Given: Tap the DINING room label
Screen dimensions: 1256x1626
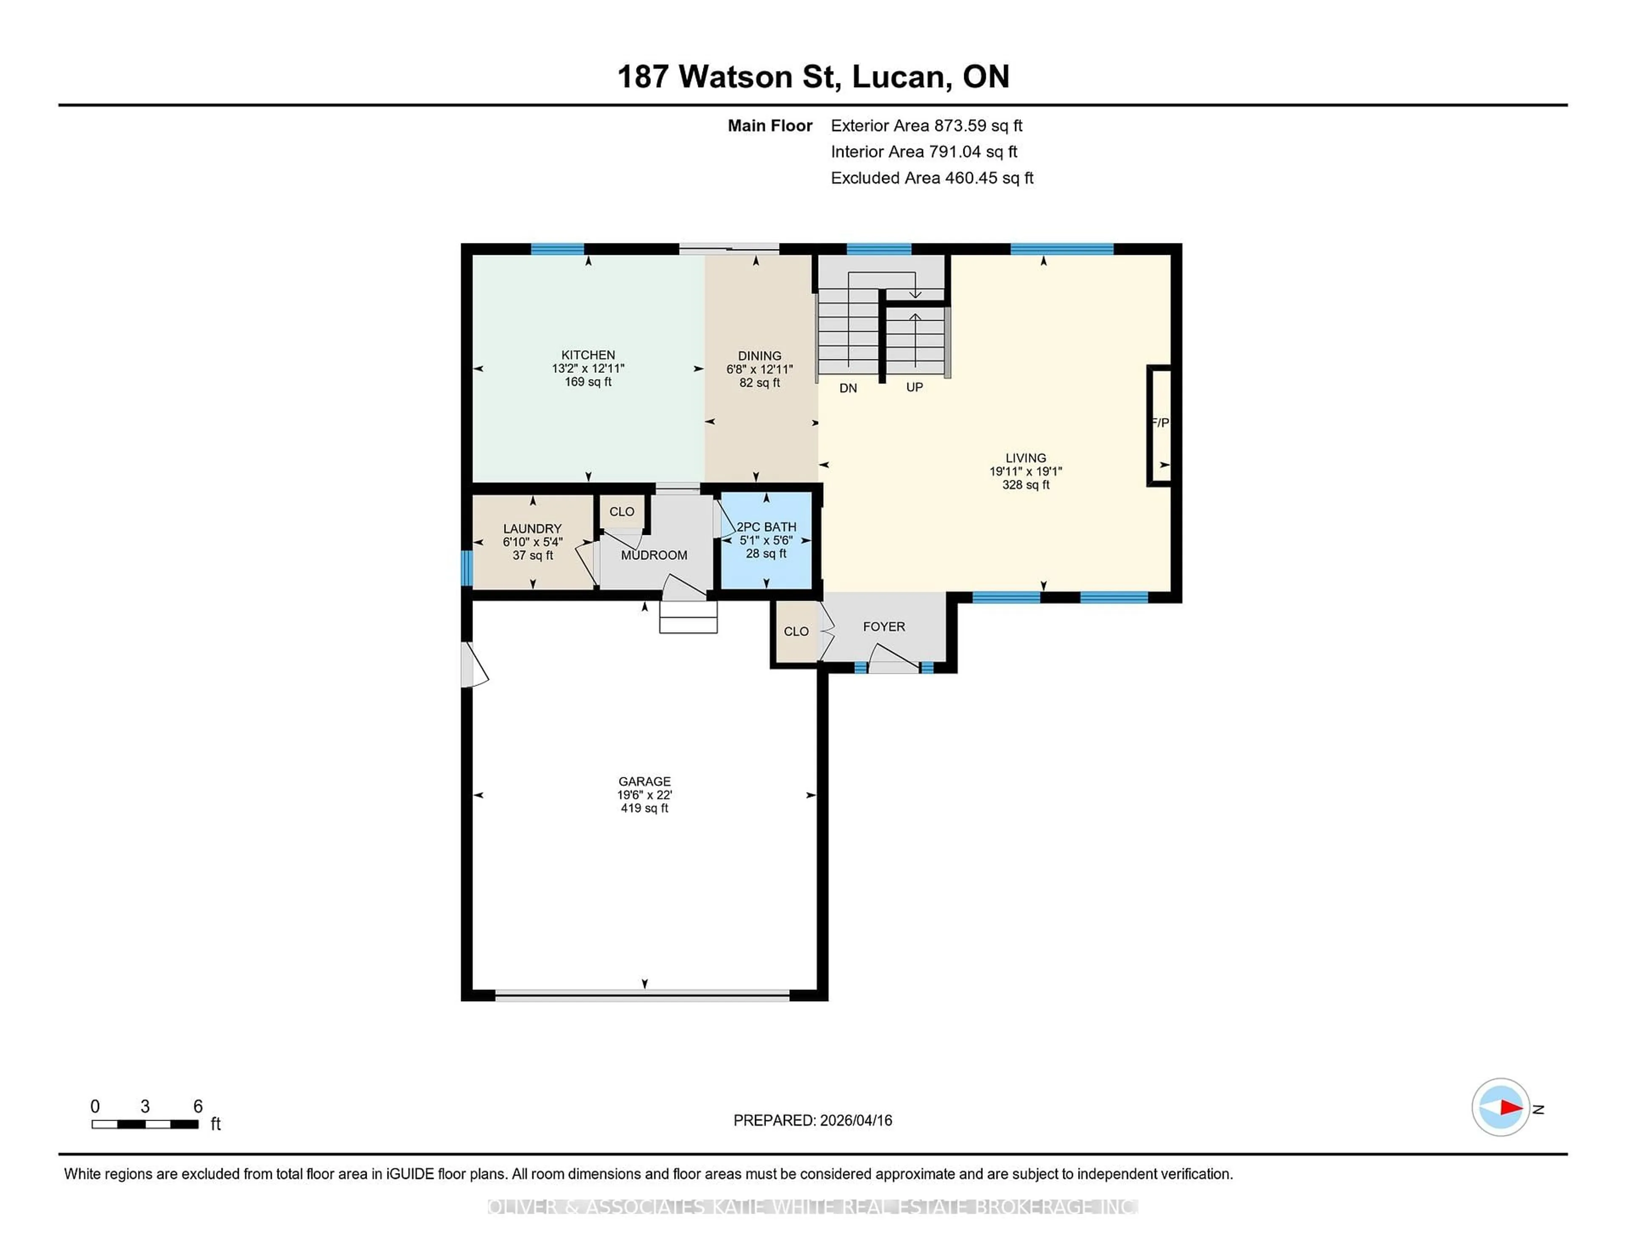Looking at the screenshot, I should (x=759, y=355).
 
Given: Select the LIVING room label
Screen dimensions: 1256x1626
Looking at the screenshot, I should (x=1025, y=457).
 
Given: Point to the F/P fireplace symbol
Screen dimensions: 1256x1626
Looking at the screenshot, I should (x=1159, y=423).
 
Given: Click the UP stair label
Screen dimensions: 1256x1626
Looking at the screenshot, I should (x=914, y=387).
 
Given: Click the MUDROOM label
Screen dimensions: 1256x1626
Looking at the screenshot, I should (x=654, y=555).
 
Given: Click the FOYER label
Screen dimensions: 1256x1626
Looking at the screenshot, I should (x=884, y=626).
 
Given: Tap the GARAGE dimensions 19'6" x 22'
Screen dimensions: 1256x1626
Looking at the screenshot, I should (x=644, y=795).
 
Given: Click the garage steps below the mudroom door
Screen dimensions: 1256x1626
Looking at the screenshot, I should (x=688, y=617).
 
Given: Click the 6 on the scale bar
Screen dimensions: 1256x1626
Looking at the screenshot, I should (x=197, y=1107).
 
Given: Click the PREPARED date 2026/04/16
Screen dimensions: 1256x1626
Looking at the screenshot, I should (x=854, y=1120).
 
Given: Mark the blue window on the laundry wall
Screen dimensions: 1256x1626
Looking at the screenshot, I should (x=467, y=568).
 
